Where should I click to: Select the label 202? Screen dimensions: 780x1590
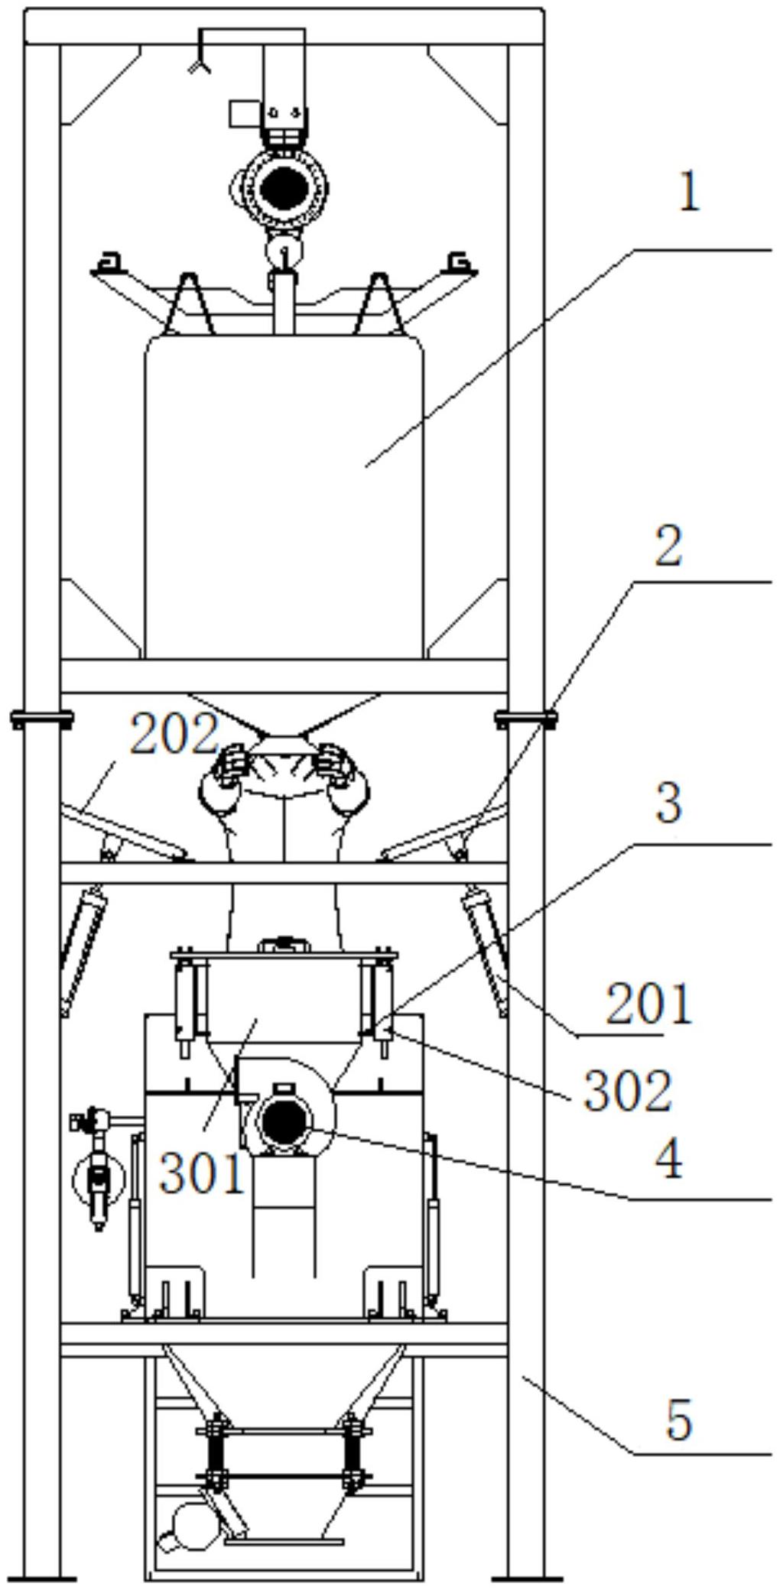(x=174, y=735)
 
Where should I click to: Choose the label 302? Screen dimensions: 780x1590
(x=628, y=1090)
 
